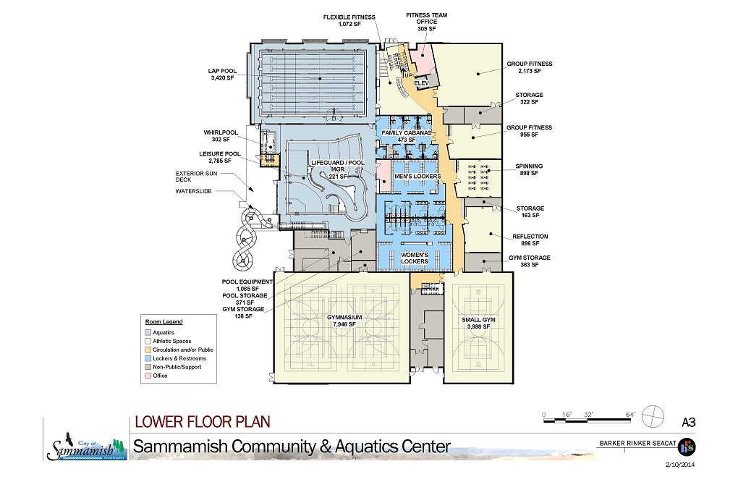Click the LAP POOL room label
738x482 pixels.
point(222,75)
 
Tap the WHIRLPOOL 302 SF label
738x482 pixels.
point(221,136)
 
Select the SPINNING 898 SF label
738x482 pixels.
point(529,169)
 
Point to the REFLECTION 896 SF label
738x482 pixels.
point(530,240)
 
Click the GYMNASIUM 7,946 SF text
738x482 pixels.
point(344,321)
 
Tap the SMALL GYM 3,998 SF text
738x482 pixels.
point(478,323)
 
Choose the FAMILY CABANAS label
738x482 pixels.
point(406,132)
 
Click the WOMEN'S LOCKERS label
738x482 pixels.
point(414,258)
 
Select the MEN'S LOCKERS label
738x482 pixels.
point(417,177)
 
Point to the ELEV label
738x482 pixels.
point(421,83)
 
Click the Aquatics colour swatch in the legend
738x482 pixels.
point(148,332)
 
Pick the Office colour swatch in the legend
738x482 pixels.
point(148,376)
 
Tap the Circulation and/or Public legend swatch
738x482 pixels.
point(148,350)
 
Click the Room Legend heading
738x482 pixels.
point(164,322)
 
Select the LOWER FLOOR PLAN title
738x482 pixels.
point(203,422)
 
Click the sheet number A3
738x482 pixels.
point(688,422)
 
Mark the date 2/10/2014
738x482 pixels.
point(680,465)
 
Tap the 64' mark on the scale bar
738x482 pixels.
point(630,414)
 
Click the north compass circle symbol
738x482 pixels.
point(653,417)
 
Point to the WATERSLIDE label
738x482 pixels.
point(193,192)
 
